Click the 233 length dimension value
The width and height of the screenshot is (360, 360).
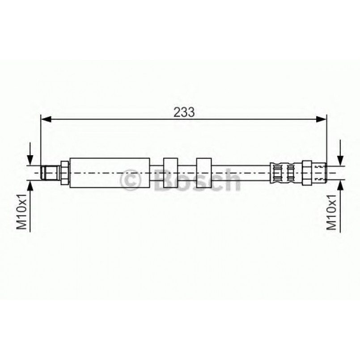[184, 112]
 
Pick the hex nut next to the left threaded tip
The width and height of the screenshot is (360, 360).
[64, 173]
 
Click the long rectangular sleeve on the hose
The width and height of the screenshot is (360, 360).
[110, 173]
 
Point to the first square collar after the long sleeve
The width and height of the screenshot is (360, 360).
[171, 173]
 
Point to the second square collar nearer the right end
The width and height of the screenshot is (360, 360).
[203, 173]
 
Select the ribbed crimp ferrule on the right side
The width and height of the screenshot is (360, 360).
[283, 173]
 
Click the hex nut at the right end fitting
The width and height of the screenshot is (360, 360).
[307, 173]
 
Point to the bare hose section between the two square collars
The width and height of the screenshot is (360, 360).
[187, 173]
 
